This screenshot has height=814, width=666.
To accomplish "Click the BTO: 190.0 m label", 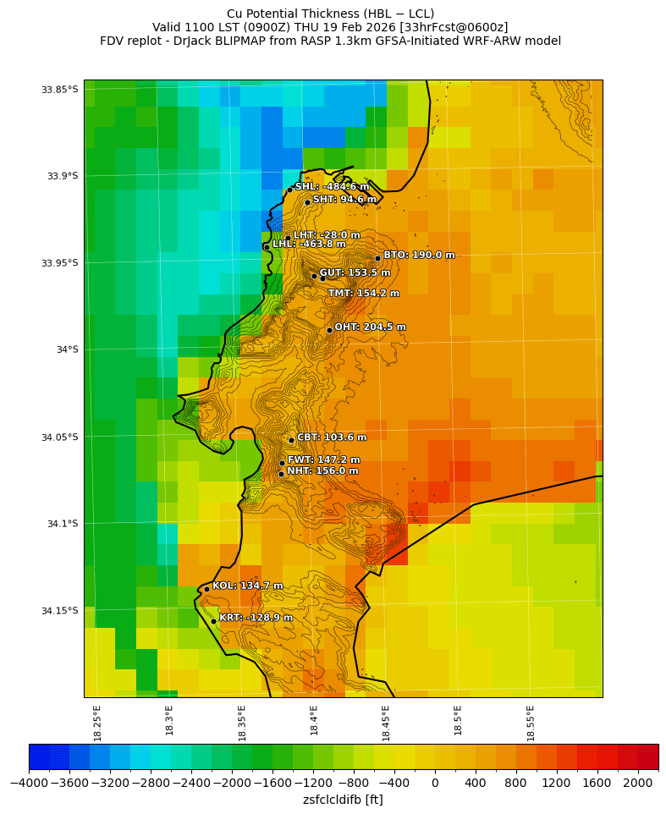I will tap(419, 255).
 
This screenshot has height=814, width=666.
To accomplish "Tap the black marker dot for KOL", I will tap(206, 589).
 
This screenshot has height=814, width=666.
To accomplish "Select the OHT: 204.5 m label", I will tap(370, 327).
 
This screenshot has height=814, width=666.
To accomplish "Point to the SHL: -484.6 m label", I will tap(332, 186).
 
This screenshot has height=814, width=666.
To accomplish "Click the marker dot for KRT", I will tap(213, 621).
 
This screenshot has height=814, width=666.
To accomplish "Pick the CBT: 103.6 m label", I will tap(332, 437).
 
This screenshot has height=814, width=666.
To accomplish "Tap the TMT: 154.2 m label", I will tap(364, 293).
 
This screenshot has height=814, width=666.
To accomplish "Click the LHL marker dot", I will tap(267, 247).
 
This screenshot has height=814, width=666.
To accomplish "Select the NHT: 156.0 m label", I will tap(322, 471).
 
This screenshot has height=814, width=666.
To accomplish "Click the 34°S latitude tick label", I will tap(66, 349).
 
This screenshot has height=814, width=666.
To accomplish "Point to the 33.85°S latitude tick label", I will tap(59, 90).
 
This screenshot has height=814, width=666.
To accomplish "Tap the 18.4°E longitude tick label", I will tap(314, 723).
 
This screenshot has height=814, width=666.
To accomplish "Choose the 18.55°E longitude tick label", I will tap(531, 723).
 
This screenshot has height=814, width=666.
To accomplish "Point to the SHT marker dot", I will tap(307, 202).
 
